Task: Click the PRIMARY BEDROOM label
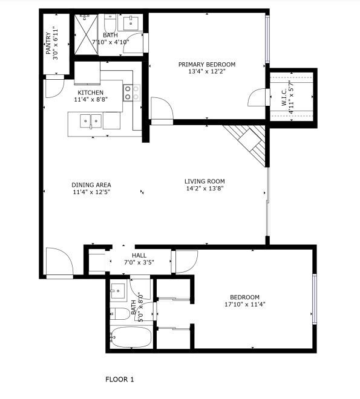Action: tap(207, 64)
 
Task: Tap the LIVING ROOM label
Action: tap(205, 181)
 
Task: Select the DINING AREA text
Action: tap(91, 185)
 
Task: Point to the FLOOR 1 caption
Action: tap(119, 380)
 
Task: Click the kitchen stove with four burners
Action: tap(132, 92)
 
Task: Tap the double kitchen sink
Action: tap(91, 121)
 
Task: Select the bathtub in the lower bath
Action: tap(131, 337)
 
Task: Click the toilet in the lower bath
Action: tap(120, 314)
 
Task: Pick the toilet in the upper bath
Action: tap(110, 23)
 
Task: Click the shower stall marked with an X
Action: tap(86, 34)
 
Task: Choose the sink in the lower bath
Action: tap(118, 291)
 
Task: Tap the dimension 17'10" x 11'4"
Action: tap(245, 304)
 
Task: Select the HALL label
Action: tap(139, 255)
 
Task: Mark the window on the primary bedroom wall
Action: tap(267, 39)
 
